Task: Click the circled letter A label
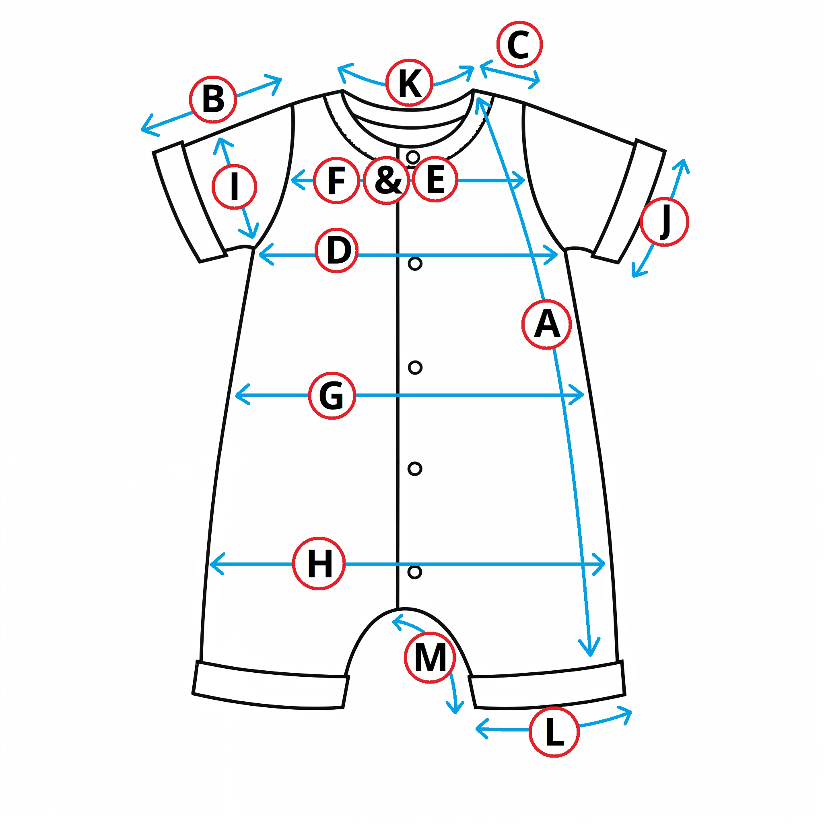[546, 325]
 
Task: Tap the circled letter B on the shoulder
[213, 99]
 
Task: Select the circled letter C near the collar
[519, 44]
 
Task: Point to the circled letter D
[337, 250]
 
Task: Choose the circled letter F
[336, 180]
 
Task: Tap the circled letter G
[332, 396]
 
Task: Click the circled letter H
[319, 563]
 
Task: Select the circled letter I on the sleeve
[234, 186]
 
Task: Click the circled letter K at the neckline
[410, 83]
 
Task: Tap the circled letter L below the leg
[554, 732]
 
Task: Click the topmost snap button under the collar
[413, 157]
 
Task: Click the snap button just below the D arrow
[415, 264]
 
